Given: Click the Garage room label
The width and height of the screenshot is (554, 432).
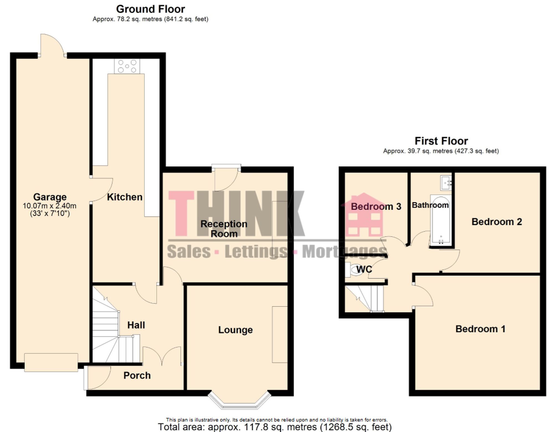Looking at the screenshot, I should point(50,197).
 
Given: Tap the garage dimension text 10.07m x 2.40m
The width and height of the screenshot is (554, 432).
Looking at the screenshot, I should point(50,206).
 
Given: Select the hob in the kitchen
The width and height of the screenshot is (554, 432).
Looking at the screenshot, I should point(127,66).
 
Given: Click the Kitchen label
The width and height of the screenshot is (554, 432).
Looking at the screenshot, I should point(125,197).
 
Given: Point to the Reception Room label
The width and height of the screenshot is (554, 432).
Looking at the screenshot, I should point(224,229).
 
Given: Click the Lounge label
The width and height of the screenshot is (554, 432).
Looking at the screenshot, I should point(235,330).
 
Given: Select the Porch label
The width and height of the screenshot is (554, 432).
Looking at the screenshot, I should point(137,376).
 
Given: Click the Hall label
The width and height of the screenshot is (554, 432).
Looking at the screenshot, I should point(136,325).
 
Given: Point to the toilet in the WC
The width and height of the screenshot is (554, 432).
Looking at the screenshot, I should point(355,270).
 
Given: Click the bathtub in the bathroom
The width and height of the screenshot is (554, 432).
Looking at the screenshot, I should point(441,220).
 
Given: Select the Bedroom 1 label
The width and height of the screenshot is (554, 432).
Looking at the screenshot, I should point(480,329).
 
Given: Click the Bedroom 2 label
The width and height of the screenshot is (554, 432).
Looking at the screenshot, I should point(497,222).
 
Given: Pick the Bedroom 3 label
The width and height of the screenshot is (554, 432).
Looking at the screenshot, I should point(376,206).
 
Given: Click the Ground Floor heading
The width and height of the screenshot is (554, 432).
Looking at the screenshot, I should point(150,9).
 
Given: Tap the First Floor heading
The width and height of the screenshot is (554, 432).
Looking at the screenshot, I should point(441,141).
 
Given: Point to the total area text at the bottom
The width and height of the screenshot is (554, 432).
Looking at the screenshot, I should point(275,427).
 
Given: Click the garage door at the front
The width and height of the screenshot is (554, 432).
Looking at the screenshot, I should point(51,362).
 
